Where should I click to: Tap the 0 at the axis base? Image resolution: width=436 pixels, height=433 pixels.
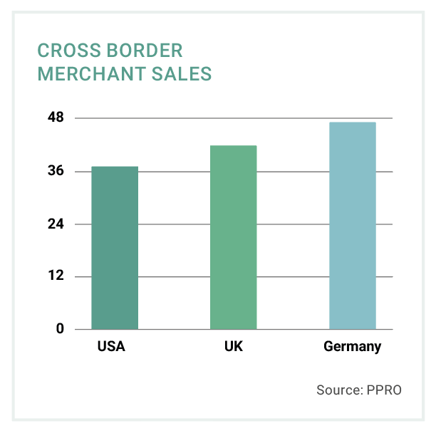[61, 329]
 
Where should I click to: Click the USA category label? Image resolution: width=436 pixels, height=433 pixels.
[111, 348]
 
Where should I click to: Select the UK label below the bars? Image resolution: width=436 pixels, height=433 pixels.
[233, 348]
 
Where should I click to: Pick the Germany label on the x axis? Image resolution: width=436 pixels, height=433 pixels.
[352, 348]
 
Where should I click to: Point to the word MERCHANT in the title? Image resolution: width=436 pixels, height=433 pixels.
[85, 74]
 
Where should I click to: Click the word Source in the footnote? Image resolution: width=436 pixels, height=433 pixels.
[338, 390]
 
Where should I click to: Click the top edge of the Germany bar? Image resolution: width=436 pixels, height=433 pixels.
[352, 122]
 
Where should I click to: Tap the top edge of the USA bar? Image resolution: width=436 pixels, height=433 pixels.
[115, 167]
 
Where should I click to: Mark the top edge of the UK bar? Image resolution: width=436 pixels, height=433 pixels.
[233, 146]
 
